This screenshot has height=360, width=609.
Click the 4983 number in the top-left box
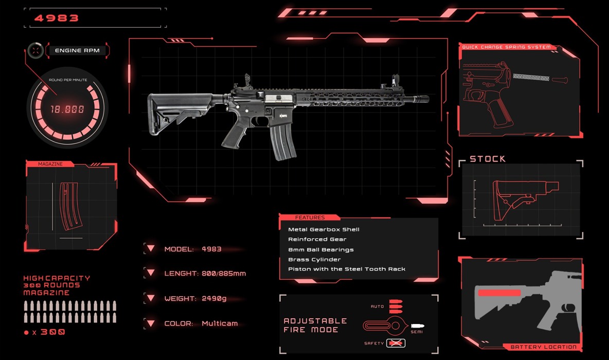click(x=56, y=18)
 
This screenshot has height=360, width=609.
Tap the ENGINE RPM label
click(x=77, y=50)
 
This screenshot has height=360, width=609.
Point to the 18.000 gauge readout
click(x=67, y=110)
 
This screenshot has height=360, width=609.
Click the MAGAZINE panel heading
click(x=50, y=164)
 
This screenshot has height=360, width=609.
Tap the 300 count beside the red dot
click(x=53, y=332)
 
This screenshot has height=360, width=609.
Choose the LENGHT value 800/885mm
click(x=224, y=274)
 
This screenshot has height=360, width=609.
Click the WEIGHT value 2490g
click(x=214, y=298)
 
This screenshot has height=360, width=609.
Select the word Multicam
click(x=220, y=323)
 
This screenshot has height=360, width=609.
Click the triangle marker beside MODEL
click(x=151, y=248)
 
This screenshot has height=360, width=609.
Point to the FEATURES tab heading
click(x=310, y=218)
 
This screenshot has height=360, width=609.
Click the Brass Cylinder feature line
click(x=314, y=259)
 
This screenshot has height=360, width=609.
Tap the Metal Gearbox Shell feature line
click(x=324, y=229)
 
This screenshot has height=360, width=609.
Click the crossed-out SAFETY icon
click(x=396, y=343)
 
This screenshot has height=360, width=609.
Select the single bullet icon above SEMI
click(x=418, y=326)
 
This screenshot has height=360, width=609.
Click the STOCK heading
click(x=488, y=159)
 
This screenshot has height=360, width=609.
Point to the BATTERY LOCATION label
click(x=543, y=347)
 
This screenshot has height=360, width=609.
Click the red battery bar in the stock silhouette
click(x=499, y=293)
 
